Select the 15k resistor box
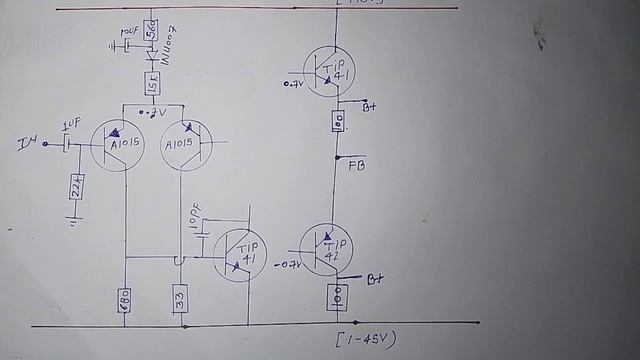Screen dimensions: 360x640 pyautogui.click(x=152, y=84)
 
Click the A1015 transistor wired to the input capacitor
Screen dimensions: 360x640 pyautogui.click(x=118, y=144)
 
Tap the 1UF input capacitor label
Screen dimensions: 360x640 pyautogui.click(x=70, y=126)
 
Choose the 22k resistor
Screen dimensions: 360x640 pyautogui.click(x=77, y=186)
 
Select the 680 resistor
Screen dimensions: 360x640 pyautogui.click(x=125, y=299)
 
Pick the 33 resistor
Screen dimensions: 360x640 pyautogui.click(x=180, y=299)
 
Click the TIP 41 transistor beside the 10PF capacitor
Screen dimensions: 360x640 pyautogui.click(x=240, y=255)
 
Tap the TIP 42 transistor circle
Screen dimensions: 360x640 pyautogui.click(x=327, y=249)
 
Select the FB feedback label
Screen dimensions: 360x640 pyautogui.click(x=357, y=165)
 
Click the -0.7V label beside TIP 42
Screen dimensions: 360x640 pyautogui.click(x=286, y=264)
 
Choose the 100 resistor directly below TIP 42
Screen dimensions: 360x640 pyautogui.click(x=337, y=297)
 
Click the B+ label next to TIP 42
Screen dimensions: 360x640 pyautogui.click(x=376, y=279)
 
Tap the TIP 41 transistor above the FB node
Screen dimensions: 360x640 pyautogui.click(x=329, y=71)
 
